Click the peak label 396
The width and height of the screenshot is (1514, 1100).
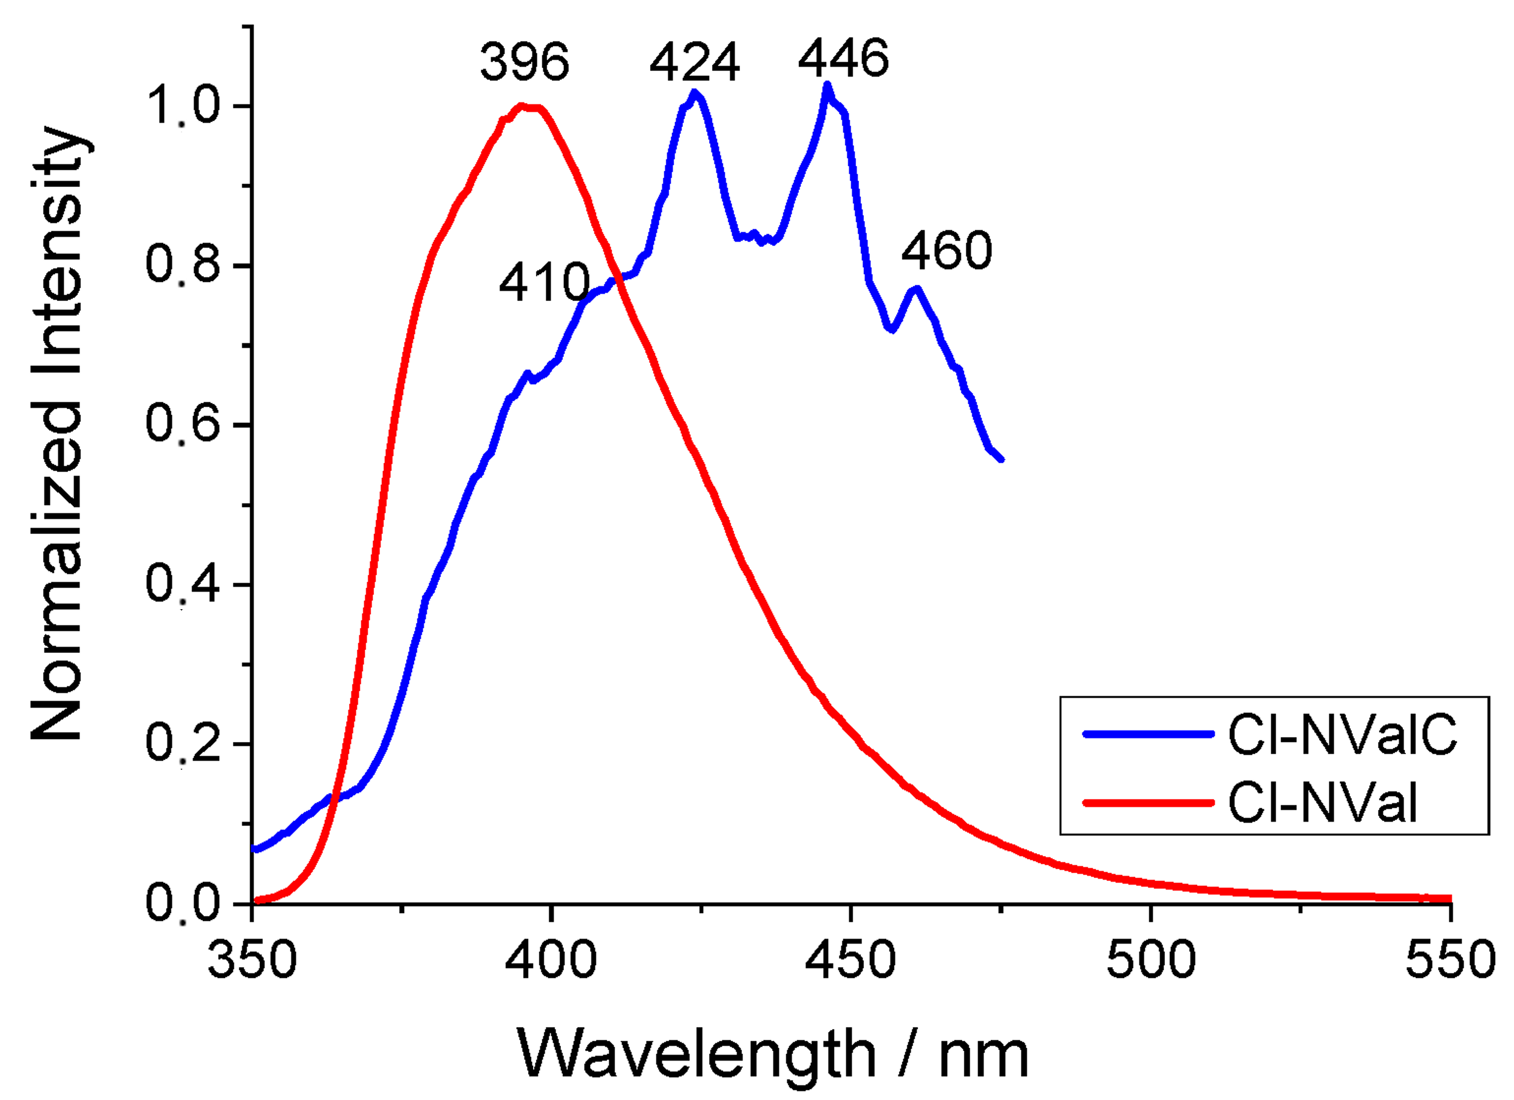tap(524, 62)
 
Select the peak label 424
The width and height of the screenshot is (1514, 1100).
tap(694, 62)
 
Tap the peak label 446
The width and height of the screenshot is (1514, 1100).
tap(843, 58)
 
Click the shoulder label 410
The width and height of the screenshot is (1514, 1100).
tap(544, 282)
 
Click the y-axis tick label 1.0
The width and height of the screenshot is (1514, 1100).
tap(182, 105)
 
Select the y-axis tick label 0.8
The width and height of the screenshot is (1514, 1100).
tap(182, 264)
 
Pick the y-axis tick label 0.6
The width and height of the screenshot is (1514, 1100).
tap(182, 423)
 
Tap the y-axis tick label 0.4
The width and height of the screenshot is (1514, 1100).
tap(182, 584)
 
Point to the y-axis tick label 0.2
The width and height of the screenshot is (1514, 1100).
tap(182, 743)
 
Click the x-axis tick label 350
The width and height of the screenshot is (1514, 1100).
tap(252, 960)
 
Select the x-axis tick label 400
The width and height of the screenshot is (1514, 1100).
tap(551, 960)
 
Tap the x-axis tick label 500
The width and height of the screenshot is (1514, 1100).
tap(1151, 960)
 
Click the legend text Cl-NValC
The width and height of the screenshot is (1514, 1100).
tap(1342, 734)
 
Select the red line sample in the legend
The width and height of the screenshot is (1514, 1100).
tap(1147, 803)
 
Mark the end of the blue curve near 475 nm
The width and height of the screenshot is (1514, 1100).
tap(1000, 459)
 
